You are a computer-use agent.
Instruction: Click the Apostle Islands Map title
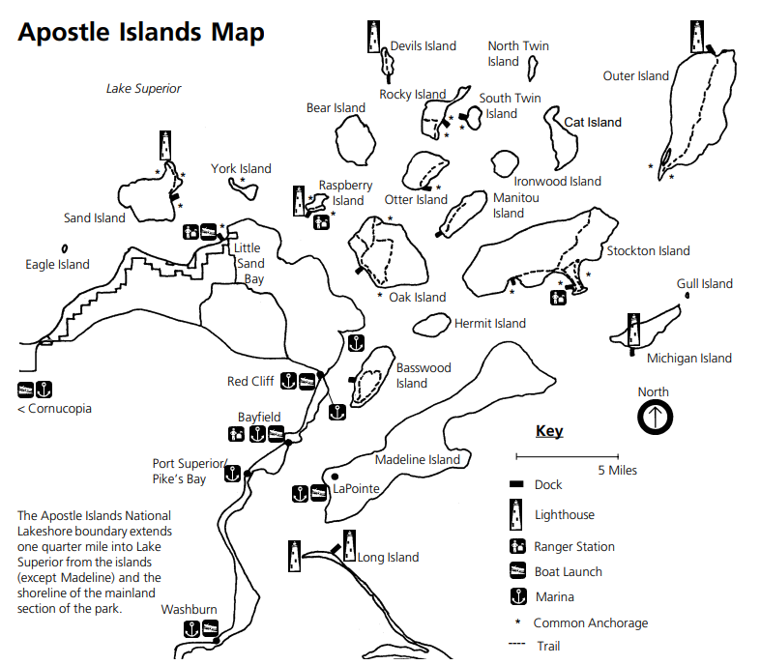click(141, 33)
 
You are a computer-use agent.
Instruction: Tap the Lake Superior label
click(143, 89)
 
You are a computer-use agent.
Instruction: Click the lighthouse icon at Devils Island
click(374, 37)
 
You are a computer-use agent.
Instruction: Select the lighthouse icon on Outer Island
click(696, 36)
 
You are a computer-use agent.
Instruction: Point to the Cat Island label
click(593, 123)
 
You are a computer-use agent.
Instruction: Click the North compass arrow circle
click(655, 418)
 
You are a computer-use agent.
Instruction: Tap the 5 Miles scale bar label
click(617, 471)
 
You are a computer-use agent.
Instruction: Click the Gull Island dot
click(687, 297)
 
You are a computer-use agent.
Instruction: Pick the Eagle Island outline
click(64, 248)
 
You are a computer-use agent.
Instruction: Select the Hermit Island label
click(490, 324)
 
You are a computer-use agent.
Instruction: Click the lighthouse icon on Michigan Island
click(634, 330)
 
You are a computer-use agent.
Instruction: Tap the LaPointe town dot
click(335, 477)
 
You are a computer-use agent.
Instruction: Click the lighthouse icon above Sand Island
click(166, 146)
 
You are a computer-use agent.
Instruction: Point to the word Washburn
click(189, 610)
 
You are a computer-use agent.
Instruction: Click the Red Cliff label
click(250, 382)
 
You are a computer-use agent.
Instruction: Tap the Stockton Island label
click(648, 251)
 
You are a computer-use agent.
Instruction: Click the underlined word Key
click(549, 432)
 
